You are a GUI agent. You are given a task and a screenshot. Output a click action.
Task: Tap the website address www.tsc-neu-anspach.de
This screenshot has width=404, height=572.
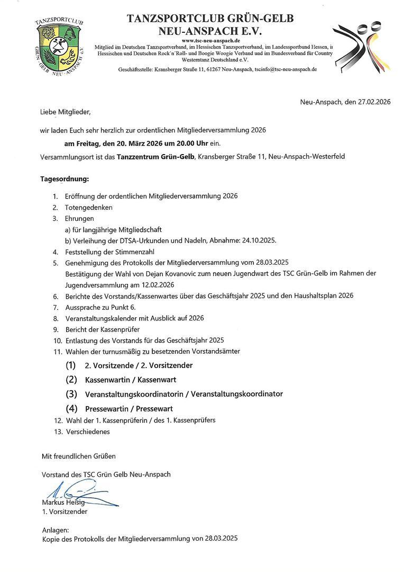pos(210,41)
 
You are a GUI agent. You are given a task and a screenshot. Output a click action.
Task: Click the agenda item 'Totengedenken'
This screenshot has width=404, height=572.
pos(89,207)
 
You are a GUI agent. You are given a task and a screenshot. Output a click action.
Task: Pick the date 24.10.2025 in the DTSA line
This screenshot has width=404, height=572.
pos(258,240)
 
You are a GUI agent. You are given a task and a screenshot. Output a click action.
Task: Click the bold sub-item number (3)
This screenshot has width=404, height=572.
pos(71,394)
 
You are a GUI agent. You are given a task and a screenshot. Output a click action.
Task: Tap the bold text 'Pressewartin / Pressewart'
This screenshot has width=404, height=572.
pos(129,409)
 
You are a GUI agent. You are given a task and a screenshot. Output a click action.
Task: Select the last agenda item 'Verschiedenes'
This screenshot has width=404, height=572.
pos(88,432)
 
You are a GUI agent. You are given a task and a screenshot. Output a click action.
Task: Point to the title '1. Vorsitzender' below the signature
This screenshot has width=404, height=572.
pos(65,512)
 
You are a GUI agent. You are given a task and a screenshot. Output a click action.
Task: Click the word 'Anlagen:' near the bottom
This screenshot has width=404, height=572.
pos(55,530)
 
